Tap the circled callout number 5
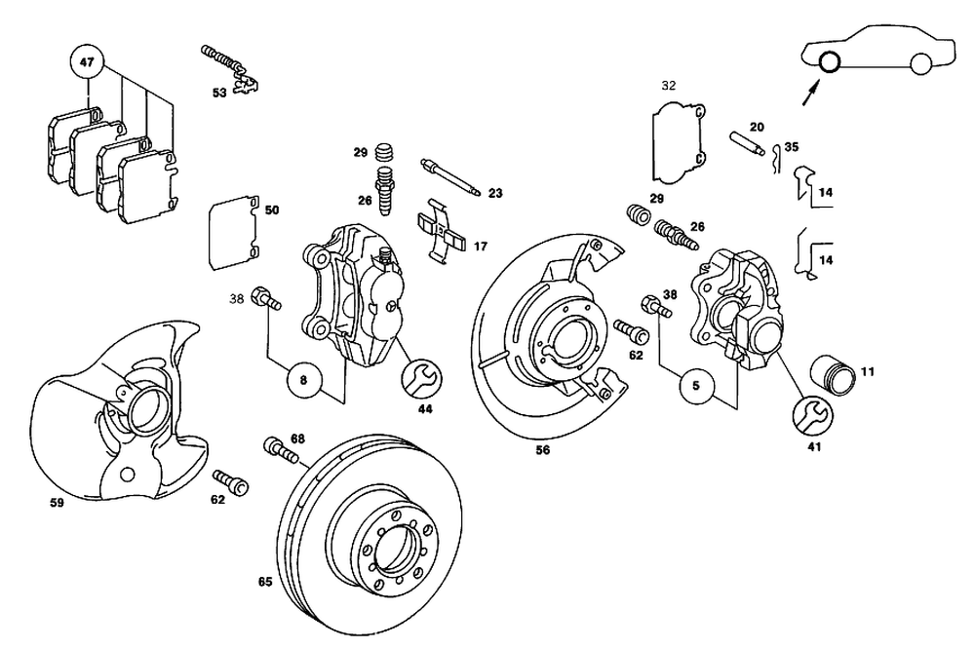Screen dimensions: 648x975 coord(696,386)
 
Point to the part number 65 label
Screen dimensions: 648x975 coord(264,582)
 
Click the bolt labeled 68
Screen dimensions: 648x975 coord(279,450)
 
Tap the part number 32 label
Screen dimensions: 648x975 coord(668,86)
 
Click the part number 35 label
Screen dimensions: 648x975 coord(791,146)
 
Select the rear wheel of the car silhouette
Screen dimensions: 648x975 coord(918,64)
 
